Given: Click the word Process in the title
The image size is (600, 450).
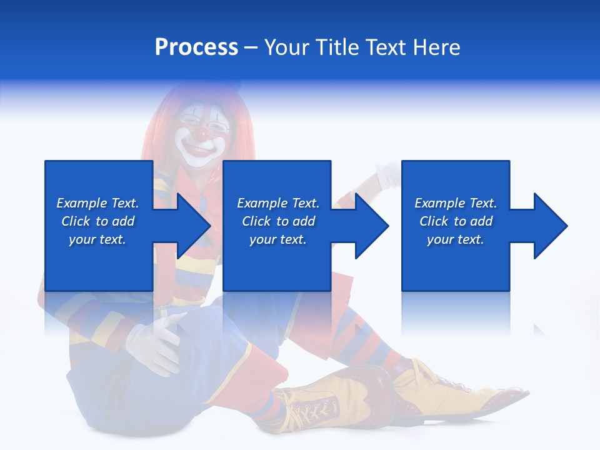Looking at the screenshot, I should [196, 47].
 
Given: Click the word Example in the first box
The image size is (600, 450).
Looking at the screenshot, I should [81, 203].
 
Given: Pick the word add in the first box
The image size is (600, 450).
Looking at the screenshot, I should [124, 221].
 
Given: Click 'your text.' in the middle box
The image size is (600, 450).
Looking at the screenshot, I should [277, 239].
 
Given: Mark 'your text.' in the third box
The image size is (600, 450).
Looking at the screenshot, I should [455, 239].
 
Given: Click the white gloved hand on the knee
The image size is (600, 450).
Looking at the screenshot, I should [154, 341].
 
